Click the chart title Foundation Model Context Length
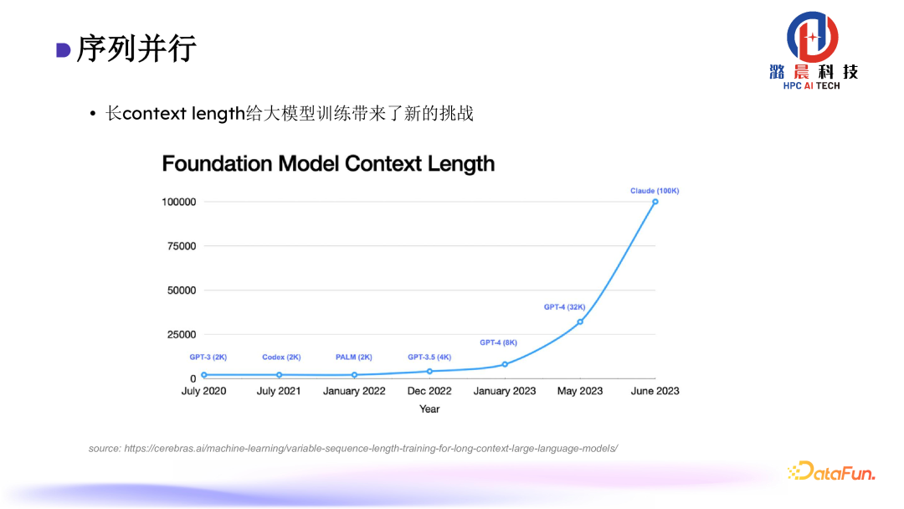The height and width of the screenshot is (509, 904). pos(328,163)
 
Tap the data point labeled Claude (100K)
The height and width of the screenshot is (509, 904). pos(655,202)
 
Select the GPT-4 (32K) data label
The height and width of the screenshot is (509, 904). pos(564,307)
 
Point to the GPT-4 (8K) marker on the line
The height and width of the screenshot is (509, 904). pos(505,364)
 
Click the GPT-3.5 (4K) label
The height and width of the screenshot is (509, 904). pos(429,357)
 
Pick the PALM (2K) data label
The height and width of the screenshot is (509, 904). pos(353,357)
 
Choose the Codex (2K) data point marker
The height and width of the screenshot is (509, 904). pos(279,375)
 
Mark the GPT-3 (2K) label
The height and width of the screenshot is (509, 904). pos(208,357)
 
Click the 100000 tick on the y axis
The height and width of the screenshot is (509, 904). pos(179,202)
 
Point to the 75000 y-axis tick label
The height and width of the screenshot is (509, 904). pos(182,246)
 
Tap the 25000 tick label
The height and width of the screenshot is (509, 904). pos(182,335)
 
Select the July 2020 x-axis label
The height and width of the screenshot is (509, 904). pos(203,391)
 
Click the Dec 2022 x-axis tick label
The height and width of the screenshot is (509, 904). pos(429,391)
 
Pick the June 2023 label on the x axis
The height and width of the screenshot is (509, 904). pos(655,391)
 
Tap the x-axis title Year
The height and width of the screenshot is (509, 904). pos(429,409)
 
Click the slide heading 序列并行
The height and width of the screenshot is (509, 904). pos(136,49)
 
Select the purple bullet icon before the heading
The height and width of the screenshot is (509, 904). pos(63,50)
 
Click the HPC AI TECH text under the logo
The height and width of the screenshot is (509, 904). pos(811,86)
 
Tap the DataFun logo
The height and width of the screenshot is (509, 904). pos(831,472)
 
